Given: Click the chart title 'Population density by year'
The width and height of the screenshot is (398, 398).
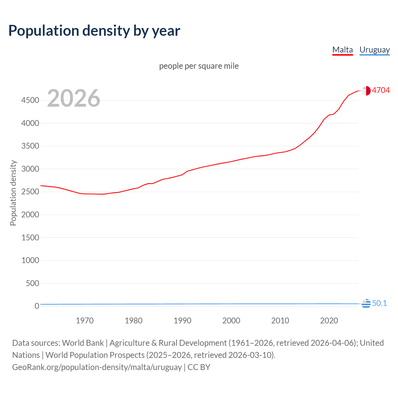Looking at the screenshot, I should (x=94, y=30).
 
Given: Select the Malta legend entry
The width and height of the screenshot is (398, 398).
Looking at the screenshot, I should (x=342, y=50).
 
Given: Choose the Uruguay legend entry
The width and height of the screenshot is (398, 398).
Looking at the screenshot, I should (x=374, y=50).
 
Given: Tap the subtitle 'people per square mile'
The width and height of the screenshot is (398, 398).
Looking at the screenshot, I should (x=199, y=66).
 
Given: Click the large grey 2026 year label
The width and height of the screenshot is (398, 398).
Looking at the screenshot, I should (x=74, y=98).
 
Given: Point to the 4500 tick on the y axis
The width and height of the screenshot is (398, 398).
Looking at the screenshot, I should (x=30, y=100).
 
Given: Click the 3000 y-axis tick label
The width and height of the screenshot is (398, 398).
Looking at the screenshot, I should (x=30, y=169).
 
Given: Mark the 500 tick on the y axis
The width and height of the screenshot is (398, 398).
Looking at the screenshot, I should (x=32, y=283).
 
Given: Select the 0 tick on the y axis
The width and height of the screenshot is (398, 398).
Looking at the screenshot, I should (x=37, y=306).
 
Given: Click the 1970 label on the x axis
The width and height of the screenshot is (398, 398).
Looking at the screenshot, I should (x=85, y=321).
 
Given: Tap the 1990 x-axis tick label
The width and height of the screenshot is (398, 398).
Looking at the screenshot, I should (x=183, y=321).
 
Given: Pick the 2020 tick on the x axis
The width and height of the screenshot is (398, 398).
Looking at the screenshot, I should (x=329, y=321).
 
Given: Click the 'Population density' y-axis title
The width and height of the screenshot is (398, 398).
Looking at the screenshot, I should (x=13, y=193).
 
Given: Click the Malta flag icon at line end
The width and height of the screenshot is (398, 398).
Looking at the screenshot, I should (x=366, y=90).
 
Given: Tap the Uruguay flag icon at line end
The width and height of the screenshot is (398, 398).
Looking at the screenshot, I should (x=366, y=303).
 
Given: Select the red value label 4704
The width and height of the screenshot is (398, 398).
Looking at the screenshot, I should (x=381, y=90).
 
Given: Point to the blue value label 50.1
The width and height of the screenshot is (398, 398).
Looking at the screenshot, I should (x=379, y=303).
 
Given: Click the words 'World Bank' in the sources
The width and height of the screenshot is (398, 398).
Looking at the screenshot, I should (x=83, y=343).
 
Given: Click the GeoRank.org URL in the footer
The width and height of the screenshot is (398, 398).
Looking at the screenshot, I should (x=97, y=367).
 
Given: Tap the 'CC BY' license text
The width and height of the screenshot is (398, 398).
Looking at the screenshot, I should (x=199, y=367).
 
